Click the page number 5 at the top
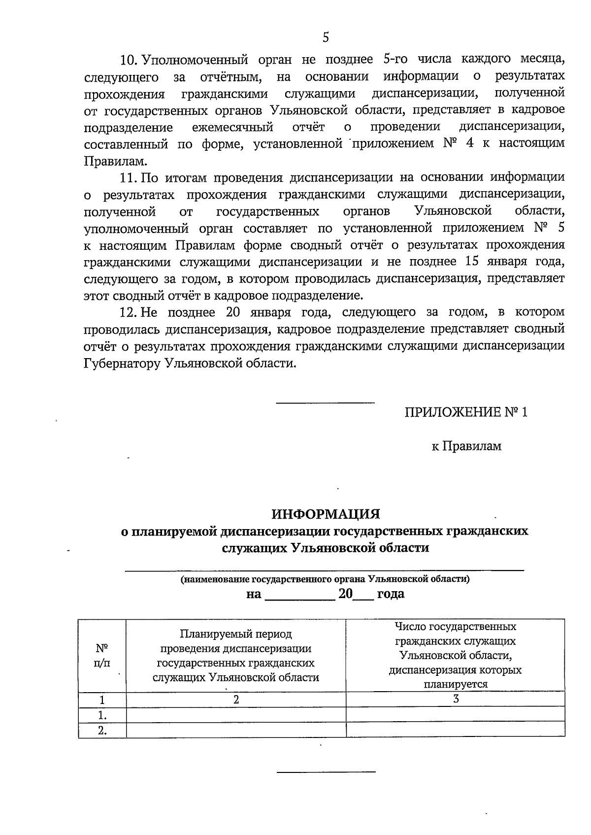pos(326,37)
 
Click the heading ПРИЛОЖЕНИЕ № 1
pos(465,412)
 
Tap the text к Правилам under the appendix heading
pos(466,446)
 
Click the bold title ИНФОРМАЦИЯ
pos(326,514)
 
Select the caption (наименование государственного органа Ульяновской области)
pos(325,579)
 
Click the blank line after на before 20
pos(299,595)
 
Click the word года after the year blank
pos(391,594)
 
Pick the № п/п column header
pos(102,655)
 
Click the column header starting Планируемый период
pos(236,655)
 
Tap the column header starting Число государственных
pos(456,655)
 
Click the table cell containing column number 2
pos(236,700)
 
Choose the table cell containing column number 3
pos(456,699)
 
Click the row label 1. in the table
pos(102,715)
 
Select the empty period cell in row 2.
pos(236,730)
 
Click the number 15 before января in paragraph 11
pos(472,261)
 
